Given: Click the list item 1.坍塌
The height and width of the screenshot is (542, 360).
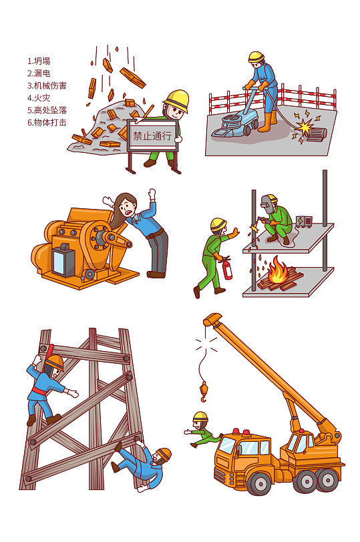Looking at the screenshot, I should click(39, 61).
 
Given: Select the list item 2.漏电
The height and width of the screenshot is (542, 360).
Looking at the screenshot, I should click(39, 73).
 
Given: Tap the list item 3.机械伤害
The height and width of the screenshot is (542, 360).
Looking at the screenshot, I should click(47, 85).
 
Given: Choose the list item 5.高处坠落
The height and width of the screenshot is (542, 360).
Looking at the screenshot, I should click(47, 110).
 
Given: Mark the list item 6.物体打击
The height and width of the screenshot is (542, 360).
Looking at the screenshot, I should click(47, 122).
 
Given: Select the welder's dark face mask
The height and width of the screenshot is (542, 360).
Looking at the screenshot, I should click(269, 203).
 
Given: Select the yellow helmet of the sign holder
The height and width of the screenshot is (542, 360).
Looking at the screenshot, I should click(177, 99).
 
